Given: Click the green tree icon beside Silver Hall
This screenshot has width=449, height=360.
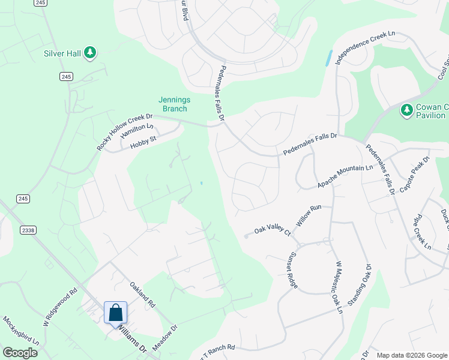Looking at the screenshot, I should coord(90,53).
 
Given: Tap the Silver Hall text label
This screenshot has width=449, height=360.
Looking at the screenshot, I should coord(62,53).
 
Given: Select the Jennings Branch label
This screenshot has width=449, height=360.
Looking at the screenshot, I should coord(173,104).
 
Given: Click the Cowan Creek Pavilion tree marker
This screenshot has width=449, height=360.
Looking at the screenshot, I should coord(405,110).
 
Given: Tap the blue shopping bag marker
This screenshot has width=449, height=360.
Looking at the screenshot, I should coord(115,313).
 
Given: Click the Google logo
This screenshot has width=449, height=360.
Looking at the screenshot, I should coord(20,353).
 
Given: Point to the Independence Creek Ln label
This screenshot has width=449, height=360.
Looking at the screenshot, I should coord(366,49).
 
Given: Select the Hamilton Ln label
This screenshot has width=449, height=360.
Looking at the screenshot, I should coord(136,131).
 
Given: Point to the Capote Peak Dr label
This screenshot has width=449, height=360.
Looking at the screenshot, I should coord(415,173).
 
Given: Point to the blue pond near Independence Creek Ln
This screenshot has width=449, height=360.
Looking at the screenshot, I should coord(328,58).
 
